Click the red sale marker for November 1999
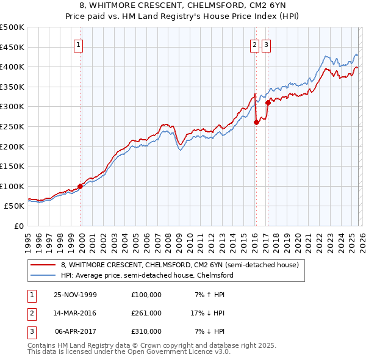(80, 186)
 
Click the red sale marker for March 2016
(256, 122)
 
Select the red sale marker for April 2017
(268, 103)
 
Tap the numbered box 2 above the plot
(254, 44)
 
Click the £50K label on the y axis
(14, 206)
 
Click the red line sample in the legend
(43, 265)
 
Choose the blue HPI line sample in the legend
(43, 276)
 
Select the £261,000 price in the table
(146, 313)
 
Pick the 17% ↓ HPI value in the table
(207, 313)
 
